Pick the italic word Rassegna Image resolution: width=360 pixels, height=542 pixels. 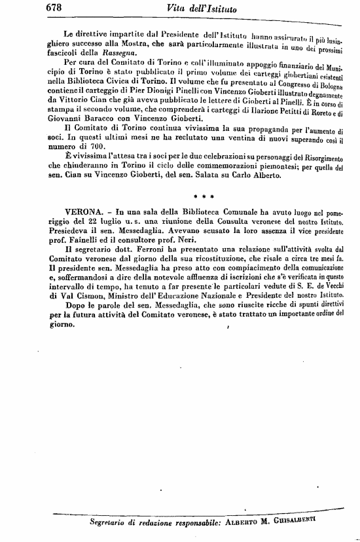click(x=118, y=53)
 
